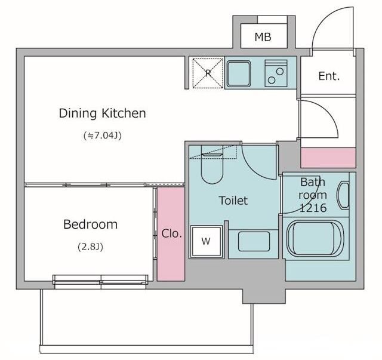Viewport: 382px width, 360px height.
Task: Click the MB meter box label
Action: coord(263,37)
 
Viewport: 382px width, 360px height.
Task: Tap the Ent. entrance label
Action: coord(329,76)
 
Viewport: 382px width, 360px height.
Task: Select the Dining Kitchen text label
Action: coord(102,113)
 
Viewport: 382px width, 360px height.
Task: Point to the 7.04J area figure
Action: coord(102,136)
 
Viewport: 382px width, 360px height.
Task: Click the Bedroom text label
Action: coord(90,224)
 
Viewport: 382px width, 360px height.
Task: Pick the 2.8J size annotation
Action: coord(90,247)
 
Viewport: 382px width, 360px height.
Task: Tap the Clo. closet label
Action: coord(171,234)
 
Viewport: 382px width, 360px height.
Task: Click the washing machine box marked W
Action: coord(207,242)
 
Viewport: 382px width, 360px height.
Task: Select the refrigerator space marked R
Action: coord(208,73)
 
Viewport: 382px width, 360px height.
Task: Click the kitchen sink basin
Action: coord(239,73)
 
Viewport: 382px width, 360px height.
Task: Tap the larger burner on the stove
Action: coord(280,72)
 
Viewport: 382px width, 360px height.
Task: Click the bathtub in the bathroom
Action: coord(315,238)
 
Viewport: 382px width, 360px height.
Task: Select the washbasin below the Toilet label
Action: coord(254,241)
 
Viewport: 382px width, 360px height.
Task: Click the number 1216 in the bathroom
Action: coord(313,208)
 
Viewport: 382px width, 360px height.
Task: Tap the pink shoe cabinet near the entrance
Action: coord(328,158)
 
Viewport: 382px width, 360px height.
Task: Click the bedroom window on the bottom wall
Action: coord(100,282)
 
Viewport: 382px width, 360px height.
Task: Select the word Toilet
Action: coord(233,201)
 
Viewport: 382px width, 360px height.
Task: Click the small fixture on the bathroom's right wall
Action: coord(343,195)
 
